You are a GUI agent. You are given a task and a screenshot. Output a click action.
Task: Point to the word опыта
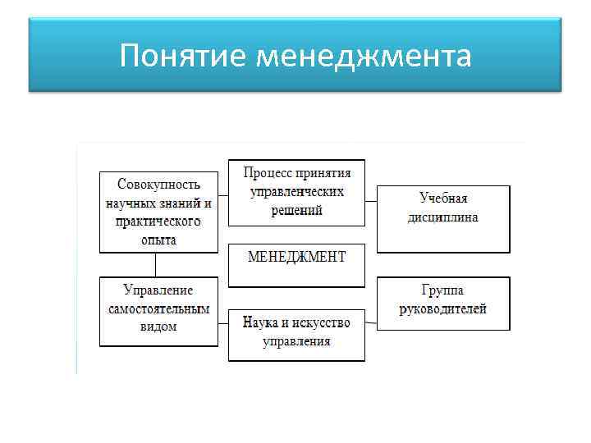coord(158,240)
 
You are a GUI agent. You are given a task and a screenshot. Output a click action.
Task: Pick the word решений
coord(296,210)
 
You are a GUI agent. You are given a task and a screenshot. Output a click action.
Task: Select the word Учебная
coord(443,199)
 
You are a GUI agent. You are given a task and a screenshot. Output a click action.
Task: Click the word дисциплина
coord(443,217)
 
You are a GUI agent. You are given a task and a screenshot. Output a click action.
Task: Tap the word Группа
coord(443,290)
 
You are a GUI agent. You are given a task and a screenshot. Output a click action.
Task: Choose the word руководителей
coord(443,309)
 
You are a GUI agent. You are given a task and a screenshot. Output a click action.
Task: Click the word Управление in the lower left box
coord(158,290)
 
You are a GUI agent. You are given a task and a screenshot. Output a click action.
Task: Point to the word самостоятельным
coord(158,308)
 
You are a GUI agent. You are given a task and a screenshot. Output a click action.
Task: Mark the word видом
coord(158,327)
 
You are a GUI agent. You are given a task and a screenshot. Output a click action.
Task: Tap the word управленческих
coord(296,191)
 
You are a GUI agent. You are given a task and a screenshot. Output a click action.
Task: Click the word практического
coord(158,221)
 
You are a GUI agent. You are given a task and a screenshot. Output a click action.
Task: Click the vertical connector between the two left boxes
coord(155,264)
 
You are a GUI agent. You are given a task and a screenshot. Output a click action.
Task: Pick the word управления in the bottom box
coord(296,340)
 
